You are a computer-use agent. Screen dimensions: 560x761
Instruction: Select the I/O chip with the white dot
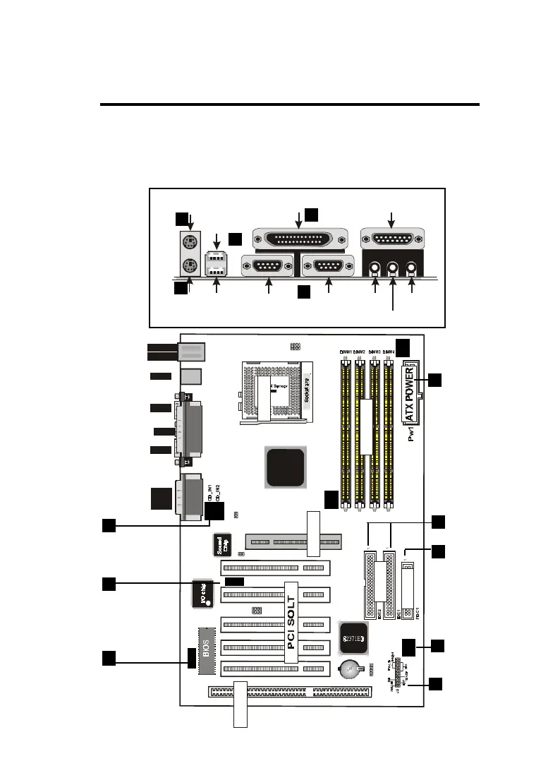click(205, 593)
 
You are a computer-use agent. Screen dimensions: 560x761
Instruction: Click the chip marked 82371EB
click(354, 638)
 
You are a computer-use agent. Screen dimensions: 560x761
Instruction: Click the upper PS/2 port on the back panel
click(188, 244)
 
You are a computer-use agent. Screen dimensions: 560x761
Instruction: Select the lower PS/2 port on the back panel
click(188, 267)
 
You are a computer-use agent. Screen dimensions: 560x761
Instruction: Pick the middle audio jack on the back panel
click(394, 268)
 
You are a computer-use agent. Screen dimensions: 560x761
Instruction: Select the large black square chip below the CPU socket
click(286, 467)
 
